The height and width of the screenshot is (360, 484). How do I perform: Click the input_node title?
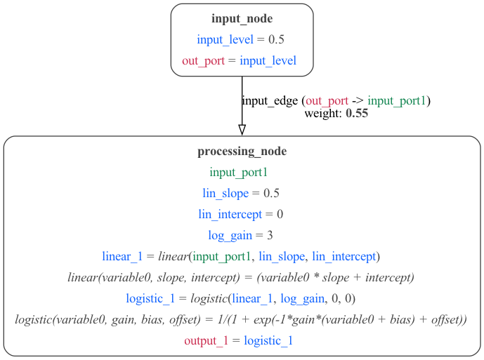coord(242,18)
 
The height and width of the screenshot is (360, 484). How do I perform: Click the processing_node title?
coord(242,151)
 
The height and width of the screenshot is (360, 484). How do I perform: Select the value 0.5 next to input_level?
coord(276,39)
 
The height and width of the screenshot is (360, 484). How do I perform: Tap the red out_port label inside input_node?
coord(203,60)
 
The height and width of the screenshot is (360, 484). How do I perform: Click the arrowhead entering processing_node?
coord(242,130)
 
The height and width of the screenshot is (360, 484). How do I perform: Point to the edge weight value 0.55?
coord(357,113)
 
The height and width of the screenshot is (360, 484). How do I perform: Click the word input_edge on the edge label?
coord(270,100)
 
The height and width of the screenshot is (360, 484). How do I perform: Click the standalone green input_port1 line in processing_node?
coord(239,172)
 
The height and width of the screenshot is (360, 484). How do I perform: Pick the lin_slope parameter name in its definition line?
coord(225,193)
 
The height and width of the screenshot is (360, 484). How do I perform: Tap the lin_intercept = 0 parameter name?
coord(230,214)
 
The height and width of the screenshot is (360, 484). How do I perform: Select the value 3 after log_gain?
coord(270,235)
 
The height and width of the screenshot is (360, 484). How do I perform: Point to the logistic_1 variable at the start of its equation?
coord(150,298)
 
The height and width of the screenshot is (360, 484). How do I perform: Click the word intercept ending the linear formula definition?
coord(390,277)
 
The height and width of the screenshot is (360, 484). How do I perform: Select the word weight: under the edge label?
coord(323,113)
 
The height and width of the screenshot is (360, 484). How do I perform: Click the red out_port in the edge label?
coord(327,100)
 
